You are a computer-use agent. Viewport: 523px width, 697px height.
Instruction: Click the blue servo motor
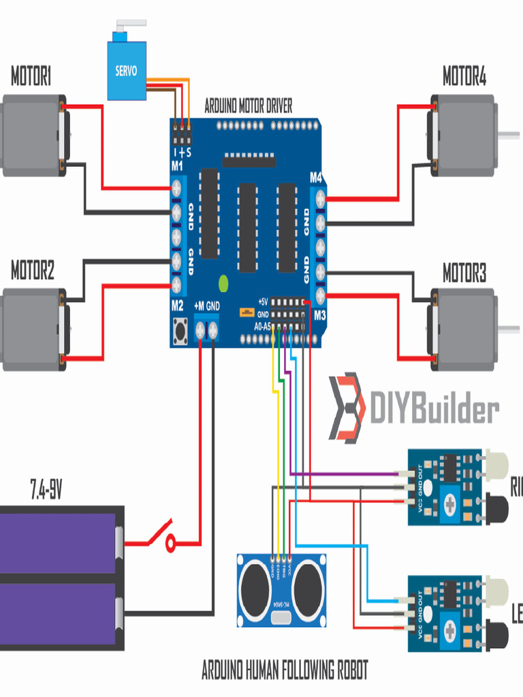(127, 69)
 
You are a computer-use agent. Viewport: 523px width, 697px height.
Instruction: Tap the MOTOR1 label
(31, 77)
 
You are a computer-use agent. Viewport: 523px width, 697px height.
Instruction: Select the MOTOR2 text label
(32, 272)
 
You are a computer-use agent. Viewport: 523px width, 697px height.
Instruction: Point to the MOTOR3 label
(464, 274)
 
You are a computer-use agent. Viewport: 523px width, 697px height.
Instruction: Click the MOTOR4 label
(464, 77)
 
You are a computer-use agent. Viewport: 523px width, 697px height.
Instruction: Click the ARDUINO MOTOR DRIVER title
(249, 106)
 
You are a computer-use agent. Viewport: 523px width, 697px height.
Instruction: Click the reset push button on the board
(181, 331)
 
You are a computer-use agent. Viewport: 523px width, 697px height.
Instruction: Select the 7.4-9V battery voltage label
(46, 489)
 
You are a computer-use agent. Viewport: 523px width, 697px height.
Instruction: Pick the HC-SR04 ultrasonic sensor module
(282, 589)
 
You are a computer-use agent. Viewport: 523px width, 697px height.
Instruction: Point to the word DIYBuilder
(434, 410)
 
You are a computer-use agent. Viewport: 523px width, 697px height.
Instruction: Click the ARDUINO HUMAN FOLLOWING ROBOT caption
(284, 670)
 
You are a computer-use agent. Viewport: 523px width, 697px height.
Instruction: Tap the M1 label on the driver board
(177, 166)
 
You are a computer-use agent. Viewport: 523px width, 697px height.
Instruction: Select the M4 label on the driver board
(316, 178)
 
